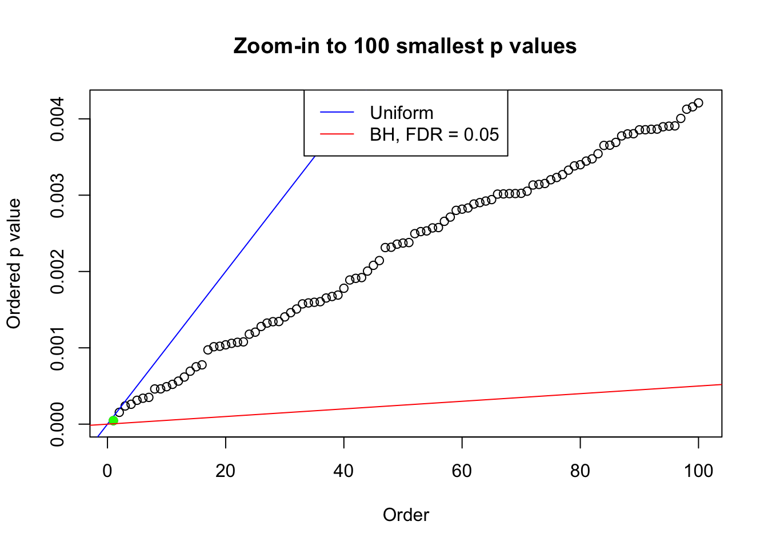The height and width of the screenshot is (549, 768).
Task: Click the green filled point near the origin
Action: [113, 420]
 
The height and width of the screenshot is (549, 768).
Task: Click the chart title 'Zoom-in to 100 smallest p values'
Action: [405, 46]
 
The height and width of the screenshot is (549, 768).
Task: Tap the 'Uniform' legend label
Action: [401, 113]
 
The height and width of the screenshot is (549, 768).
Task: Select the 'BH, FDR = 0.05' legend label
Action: [434, 134]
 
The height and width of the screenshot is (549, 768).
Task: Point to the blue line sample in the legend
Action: [337, 113]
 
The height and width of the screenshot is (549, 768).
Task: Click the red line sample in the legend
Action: [337, 134]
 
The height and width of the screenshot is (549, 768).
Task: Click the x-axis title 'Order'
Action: [406, 515]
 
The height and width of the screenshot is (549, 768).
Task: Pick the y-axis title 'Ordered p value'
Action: [14, 264]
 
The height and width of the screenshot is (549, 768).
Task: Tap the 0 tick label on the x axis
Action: [107, 471]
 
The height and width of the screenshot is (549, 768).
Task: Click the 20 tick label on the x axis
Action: [226, 471]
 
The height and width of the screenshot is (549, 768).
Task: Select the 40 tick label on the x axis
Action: [343, 471]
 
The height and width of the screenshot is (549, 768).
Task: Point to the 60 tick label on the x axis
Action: [462, 471]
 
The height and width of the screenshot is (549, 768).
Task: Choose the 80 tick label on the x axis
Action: [580, 471]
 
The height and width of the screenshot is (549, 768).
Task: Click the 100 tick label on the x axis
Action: [698, 471]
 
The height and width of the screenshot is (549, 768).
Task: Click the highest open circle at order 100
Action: [698, 103]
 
